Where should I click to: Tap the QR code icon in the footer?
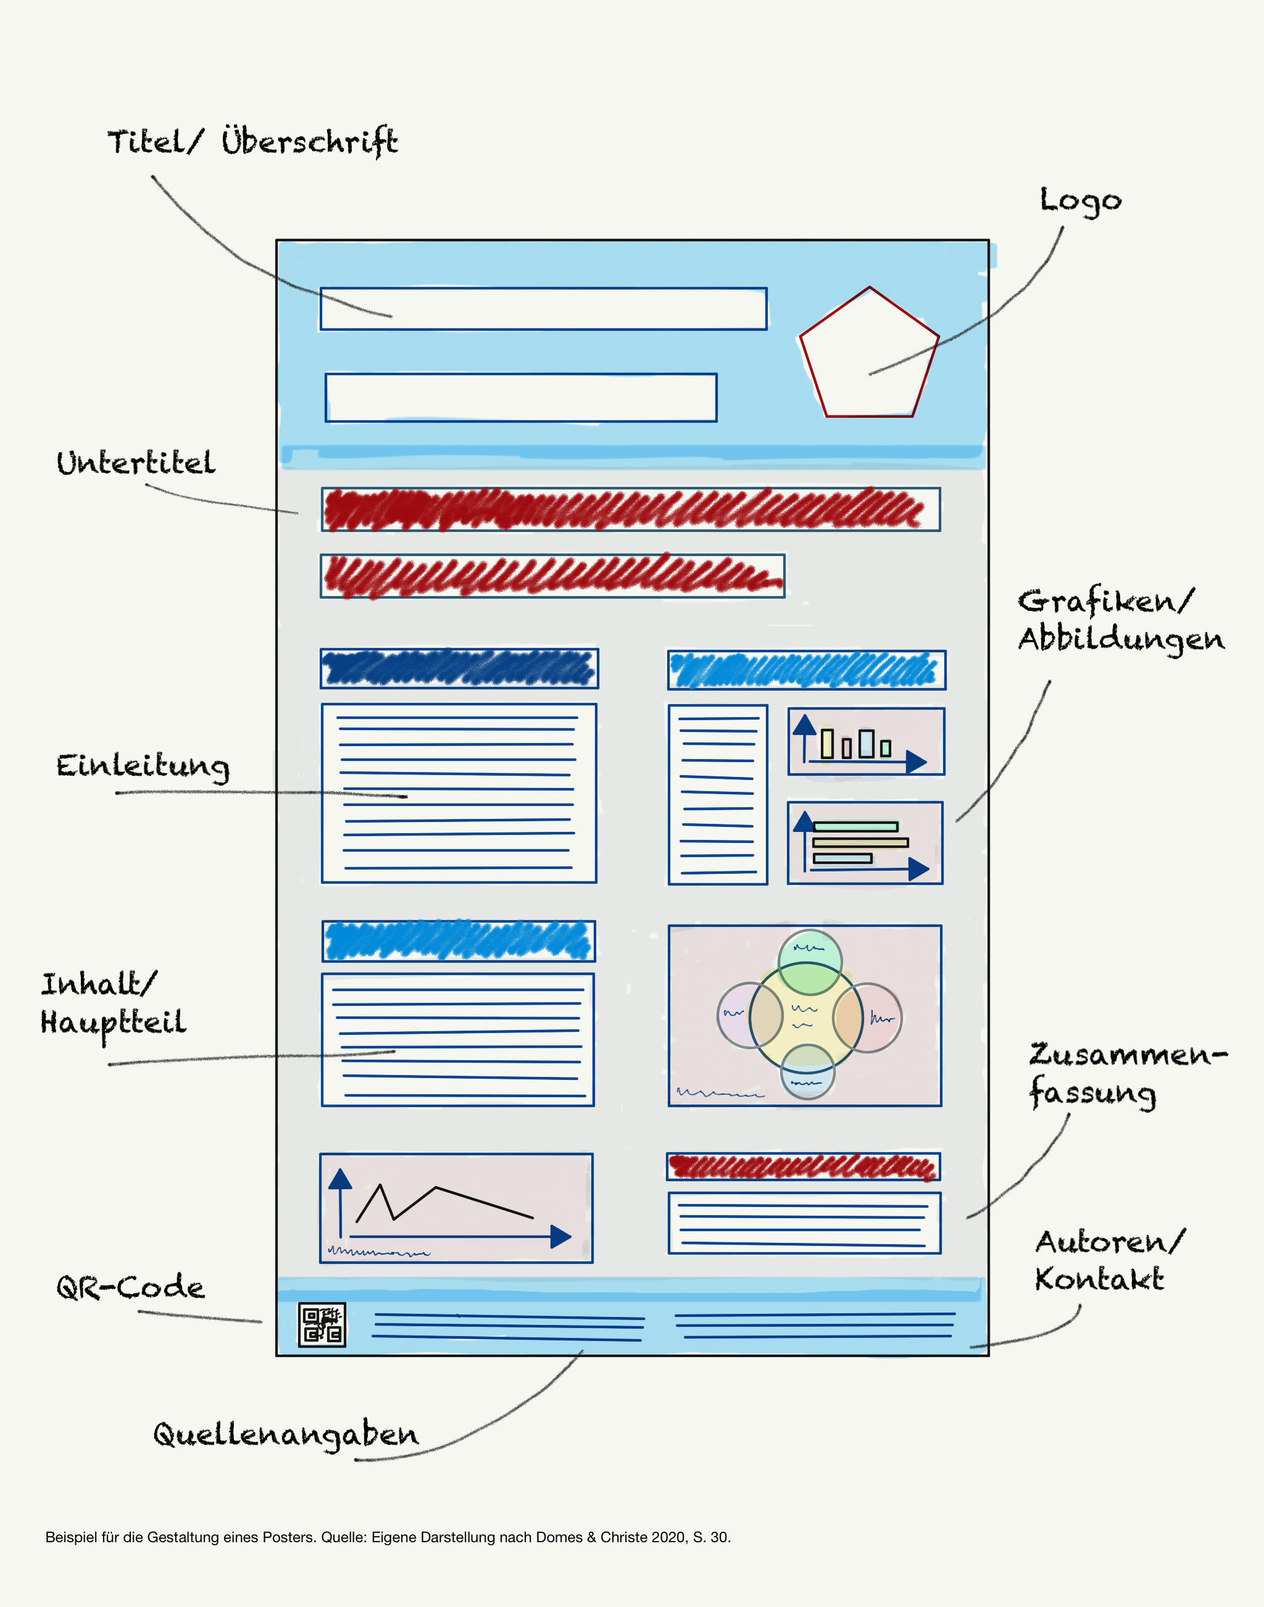coord(322,1324)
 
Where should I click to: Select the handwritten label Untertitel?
coord(136,463)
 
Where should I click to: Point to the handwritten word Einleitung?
coord(143,766)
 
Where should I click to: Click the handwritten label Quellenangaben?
coord(286,1435)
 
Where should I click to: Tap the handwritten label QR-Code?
coord(130,1287)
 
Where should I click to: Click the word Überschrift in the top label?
coord(309,141)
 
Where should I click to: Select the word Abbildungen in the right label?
coord(1121,639)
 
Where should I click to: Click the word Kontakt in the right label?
coord(1099,1279)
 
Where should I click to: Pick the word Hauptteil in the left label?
coord(113,1023)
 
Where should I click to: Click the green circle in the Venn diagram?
coord(810,962)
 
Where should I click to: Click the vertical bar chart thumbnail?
coord(866,741)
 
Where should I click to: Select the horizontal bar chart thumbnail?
coord(865,843)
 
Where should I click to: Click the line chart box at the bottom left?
coord(456,1208)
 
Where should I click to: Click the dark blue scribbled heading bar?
coord(459,668)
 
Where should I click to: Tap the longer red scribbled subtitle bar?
coord(630,509)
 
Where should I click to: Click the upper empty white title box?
coord(543,309)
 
